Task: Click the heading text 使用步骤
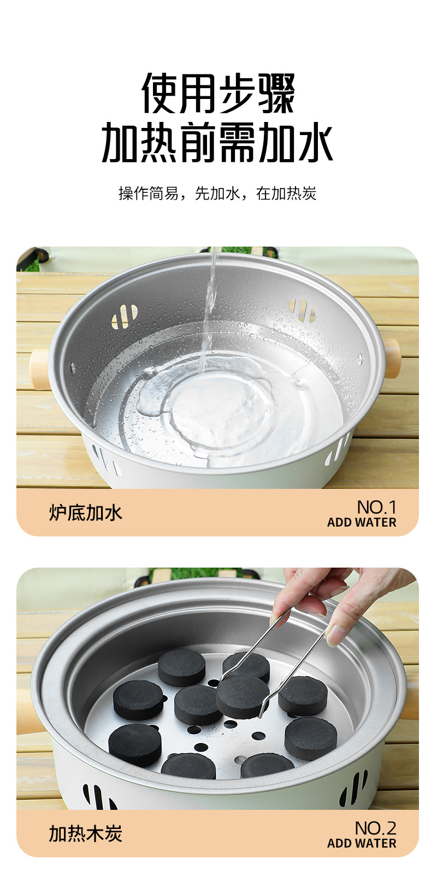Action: pos(218,94)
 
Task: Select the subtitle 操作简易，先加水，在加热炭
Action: pos(217,194)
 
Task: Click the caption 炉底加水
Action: pos(86,513)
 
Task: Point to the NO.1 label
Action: pos(376,507)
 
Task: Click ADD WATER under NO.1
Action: pos(362,523)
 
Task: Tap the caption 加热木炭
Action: pos(86,834)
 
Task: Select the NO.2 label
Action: pos(376,828)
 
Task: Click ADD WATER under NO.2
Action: pos(362,844)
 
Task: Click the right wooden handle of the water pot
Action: pos(392,358)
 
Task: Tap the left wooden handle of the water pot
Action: pos(39,369)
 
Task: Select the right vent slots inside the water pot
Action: pos(302,310)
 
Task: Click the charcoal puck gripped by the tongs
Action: pos(242,697)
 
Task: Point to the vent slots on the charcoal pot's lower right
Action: pos(354,787)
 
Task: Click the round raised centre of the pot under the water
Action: pos(218,405)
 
